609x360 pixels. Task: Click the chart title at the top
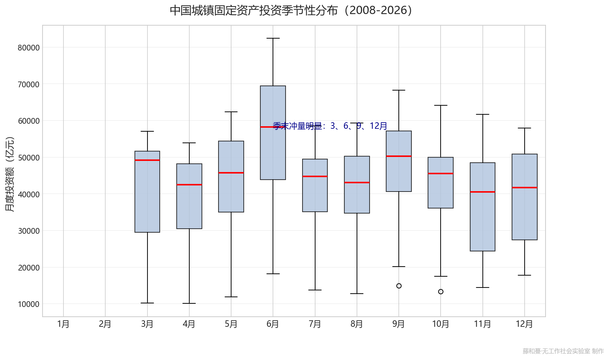pos(291,10)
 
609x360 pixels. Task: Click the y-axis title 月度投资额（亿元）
pos(10,174)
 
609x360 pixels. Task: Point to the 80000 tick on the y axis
pos(28,48)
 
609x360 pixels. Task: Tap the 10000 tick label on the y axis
pos(28,304)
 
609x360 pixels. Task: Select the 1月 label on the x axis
pos(63,324)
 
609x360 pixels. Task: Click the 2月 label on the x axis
pos(105,324)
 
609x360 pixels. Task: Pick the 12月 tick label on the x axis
pos(525,324)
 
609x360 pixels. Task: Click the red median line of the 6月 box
pos(273,127)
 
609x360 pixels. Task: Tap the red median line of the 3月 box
pos(147,160)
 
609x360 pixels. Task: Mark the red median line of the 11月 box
pos(483,192)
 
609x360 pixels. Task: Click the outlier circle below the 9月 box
pos(399,286)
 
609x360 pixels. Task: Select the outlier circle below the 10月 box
pos(441,292)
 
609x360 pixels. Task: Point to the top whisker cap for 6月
pos(273,38)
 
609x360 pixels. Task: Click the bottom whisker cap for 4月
pos(189,303)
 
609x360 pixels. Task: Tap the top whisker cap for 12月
pos(525,128)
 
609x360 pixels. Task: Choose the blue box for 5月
pos(231,176)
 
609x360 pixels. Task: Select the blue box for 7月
pos(315,185)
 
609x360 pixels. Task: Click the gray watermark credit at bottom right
pos(563,351)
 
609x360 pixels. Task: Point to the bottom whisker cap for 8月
pos(357,294)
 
